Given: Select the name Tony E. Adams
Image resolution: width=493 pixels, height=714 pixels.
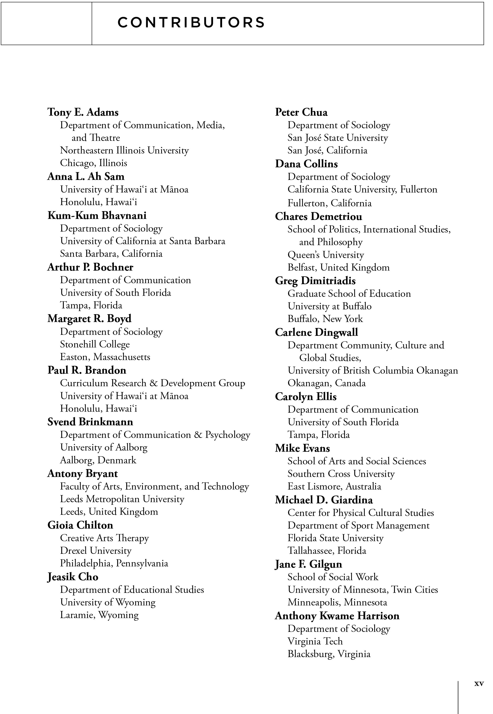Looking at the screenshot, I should [83, 112].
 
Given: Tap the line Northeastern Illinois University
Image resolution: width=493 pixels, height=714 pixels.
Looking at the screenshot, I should [124, 150].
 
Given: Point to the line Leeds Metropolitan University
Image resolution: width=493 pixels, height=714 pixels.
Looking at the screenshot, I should [122, 499].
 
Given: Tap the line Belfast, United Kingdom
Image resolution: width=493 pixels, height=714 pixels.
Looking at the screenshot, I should [339, 268].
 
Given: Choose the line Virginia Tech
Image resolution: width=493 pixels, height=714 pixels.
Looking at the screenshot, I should [315, 641].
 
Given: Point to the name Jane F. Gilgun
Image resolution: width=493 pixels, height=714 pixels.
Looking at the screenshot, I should [309, 564].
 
